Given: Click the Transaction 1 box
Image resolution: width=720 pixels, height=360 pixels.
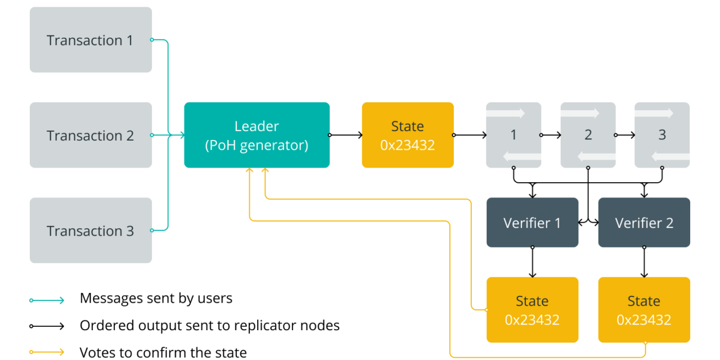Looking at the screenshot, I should pos(91,40).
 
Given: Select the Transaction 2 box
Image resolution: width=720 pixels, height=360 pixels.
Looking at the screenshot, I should pos(91,135).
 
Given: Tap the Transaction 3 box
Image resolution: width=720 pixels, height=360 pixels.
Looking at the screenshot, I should pos(91,230).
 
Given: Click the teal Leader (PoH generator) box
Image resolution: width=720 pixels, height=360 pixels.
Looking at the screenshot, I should pos(256,135).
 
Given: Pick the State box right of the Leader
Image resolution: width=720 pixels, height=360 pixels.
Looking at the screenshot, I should pos(407,135).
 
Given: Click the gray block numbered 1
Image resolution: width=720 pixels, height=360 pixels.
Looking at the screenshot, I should pos(513,135).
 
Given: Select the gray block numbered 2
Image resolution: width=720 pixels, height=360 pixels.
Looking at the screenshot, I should pos(588,135).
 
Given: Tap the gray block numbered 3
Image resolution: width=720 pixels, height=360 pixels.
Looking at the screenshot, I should pos(661,135).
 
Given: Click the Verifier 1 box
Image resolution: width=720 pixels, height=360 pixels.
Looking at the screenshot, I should pos(532,223).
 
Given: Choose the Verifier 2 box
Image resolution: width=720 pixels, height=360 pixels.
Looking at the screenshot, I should pos(644,223).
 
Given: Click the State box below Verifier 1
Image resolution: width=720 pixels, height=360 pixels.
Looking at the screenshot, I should pos(532,310).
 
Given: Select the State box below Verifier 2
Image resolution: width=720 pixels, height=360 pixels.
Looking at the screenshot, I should pos(644,310).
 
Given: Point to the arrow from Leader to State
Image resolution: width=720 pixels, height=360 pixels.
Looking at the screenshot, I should pos(345,135).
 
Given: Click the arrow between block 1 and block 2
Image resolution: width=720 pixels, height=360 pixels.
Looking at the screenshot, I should pos(551,135).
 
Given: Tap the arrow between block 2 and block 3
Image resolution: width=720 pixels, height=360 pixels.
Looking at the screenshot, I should pos(625,135).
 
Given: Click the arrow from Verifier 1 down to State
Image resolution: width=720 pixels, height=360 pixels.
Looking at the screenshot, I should pos(532,262).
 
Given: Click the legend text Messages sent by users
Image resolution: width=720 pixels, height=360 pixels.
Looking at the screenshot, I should pos(156,298).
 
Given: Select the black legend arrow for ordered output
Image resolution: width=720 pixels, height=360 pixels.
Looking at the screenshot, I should pos(47,326).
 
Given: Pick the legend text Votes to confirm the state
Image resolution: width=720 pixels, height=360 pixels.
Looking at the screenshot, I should pos(163,353).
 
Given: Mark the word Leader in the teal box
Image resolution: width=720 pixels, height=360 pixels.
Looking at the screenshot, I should pos(256,127).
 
